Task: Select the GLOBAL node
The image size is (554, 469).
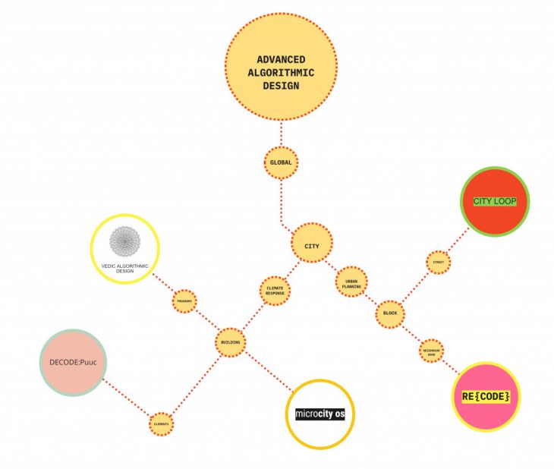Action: click(281, 162)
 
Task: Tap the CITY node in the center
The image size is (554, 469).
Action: click(311, 245)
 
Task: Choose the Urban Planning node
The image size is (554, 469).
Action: click(351, 282)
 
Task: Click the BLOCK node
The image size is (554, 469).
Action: click(390, 313)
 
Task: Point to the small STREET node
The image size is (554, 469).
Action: click(438, 263)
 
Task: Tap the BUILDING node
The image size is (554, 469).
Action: click(230, 343)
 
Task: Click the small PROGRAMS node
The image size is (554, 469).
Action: click(184, 301)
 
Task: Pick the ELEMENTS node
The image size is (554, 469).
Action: click(162, 423)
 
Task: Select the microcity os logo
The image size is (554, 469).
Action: click(320, 414)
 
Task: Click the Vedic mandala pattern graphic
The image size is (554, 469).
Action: click(124, 242)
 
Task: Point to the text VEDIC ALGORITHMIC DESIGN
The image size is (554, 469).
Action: click(124, 268)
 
